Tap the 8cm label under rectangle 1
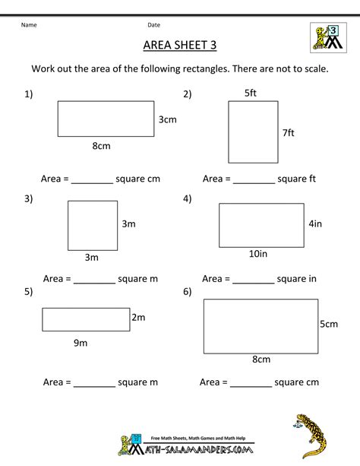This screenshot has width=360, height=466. point(103,145)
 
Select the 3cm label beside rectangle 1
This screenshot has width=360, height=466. point(167,119)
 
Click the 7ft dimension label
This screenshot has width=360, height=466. point(288,132)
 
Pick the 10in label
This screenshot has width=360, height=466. point(257,253)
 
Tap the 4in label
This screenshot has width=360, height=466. point(317,224)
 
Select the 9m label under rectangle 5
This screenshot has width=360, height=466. point(81,343)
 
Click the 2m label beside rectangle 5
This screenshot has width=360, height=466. point(138,317)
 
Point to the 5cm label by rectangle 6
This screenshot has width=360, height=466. point(328,324)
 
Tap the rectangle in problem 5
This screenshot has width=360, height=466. point(86,319)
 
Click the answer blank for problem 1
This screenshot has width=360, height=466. point(92,182)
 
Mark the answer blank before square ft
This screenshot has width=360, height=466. point(254,182)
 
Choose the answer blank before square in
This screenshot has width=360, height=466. point(253,280)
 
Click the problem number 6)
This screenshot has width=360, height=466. point(187,291)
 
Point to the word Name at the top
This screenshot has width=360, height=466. point(29,24)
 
